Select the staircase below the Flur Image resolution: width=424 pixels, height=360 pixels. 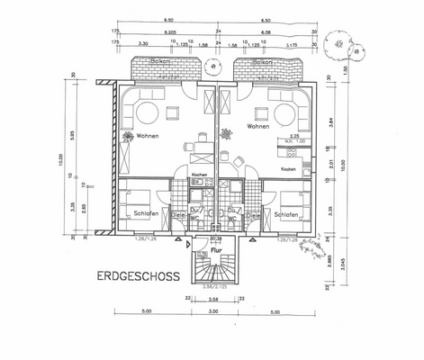(214, 268)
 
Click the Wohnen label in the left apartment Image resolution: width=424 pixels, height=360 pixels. (148, 137)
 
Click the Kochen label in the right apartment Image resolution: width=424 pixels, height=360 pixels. (288, 169)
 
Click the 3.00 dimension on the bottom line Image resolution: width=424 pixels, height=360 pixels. (212, 312)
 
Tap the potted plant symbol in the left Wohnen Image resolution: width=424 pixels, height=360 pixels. (126, 137)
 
